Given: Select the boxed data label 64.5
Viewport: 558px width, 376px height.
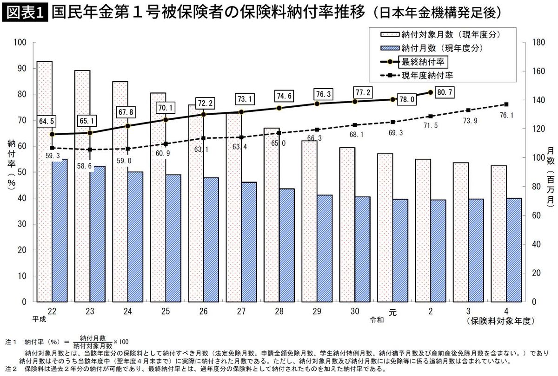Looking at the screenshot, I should [46, 122].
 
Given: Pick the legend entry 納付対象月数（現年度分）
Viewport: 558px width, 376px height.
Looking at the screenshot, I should [444, 34].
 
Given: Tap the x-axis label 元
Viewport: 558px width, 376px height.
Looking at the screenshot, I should [392, 313].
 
